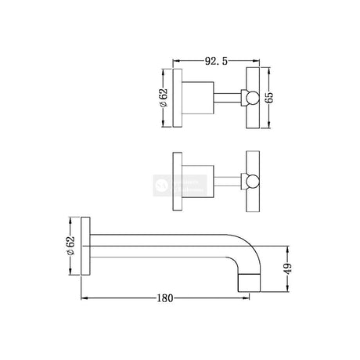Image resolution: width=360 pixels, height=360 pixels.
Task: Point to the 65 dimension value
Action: tap(271, 98)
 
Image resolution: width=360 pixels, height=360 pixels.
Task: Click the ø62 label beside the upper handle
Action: tap(164, 98)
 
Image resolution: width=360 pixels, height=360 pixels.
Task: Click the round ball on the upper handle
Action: tap(253, 99)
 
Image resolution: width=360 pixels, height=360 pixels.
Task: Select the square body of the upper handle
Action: tap(200, 99)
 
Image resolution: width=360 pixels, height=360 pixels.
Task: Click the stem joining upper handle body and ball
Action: tap(231, 99)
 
